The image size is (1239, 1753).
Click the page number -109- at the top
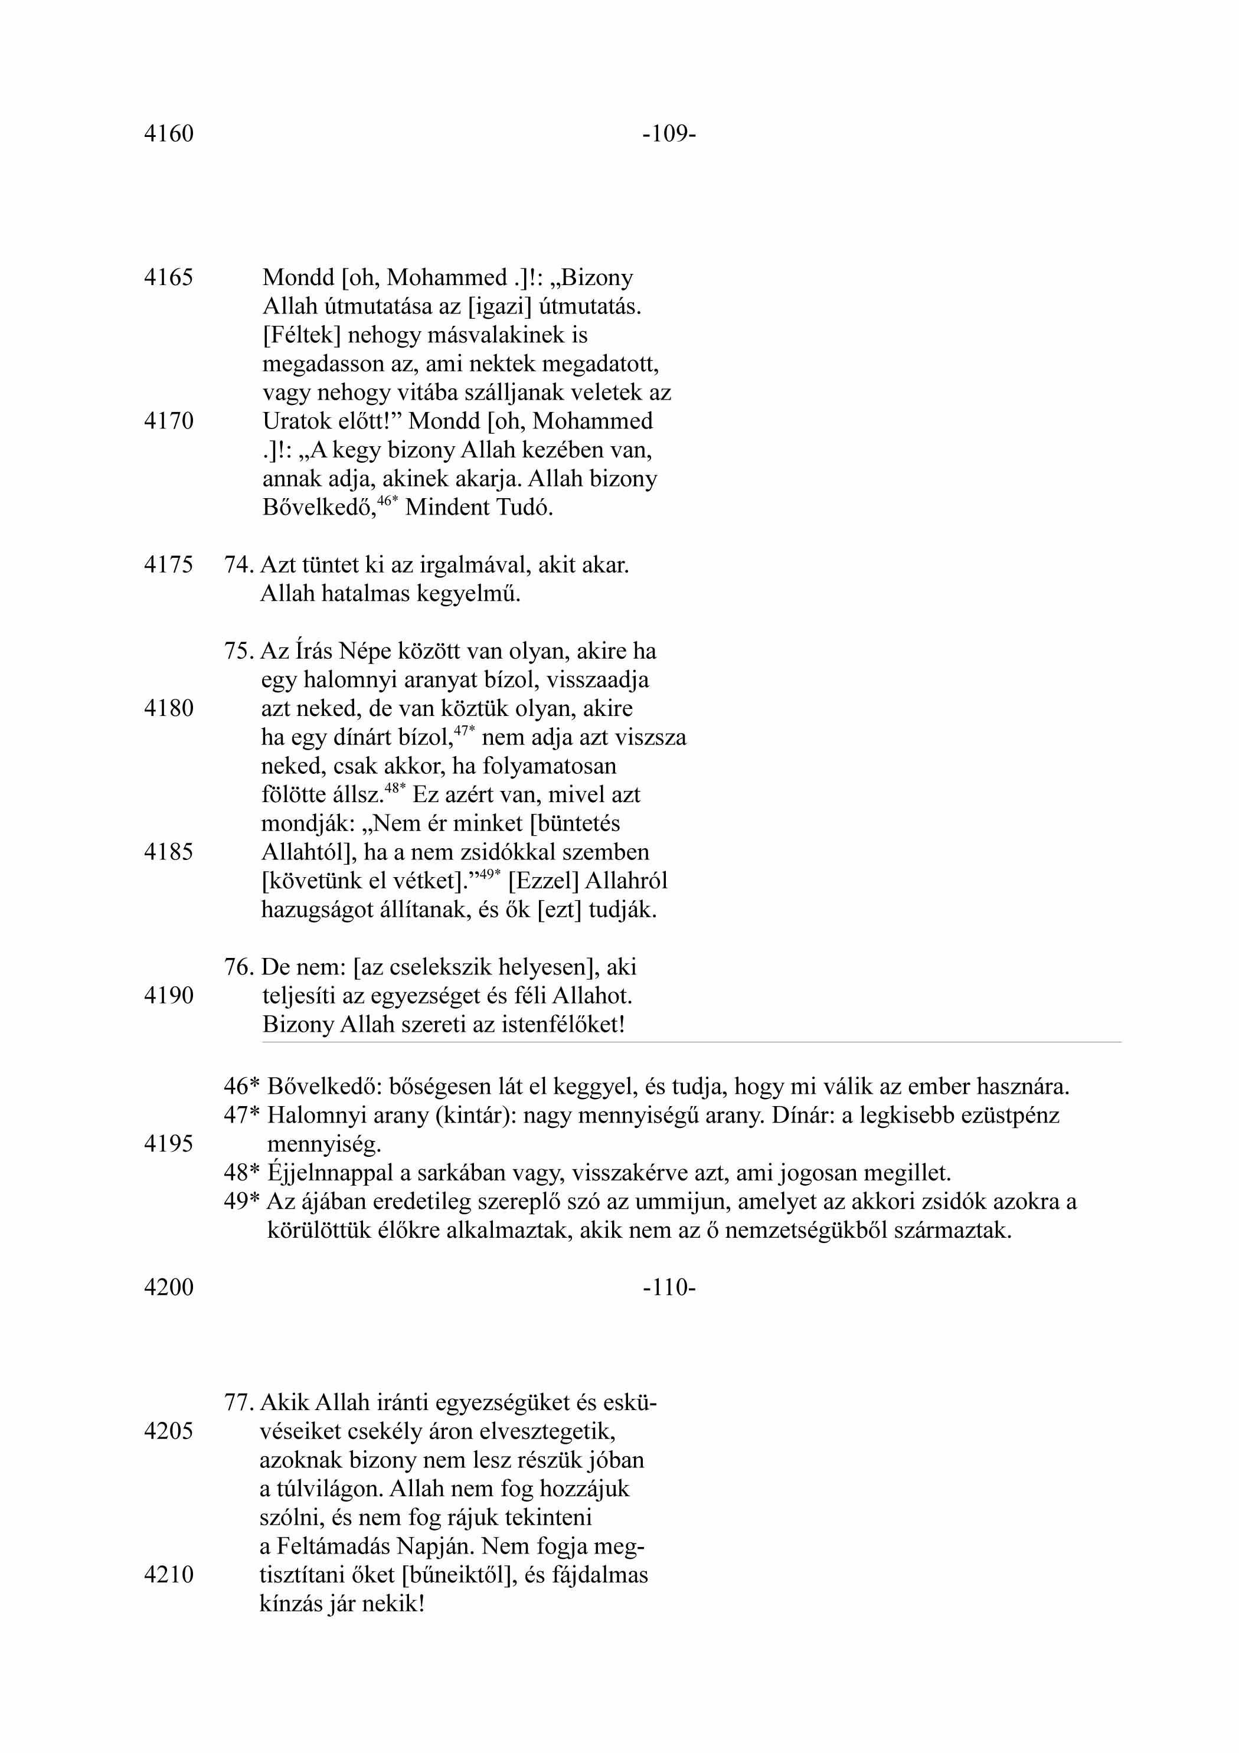click(669, 135)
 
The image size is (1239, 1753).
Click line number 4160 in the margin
click(169, 135)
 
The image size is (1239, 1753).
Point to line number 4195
click(169, 1144)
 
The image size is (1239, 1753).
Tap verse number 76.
click(238, 967)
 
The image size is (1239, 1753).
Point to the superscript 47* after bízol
click(464, 731)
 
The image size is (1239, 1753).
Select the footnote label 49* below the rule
click(242, 1202)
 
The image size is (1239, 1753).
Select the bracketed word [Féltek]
click(302, 335)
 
